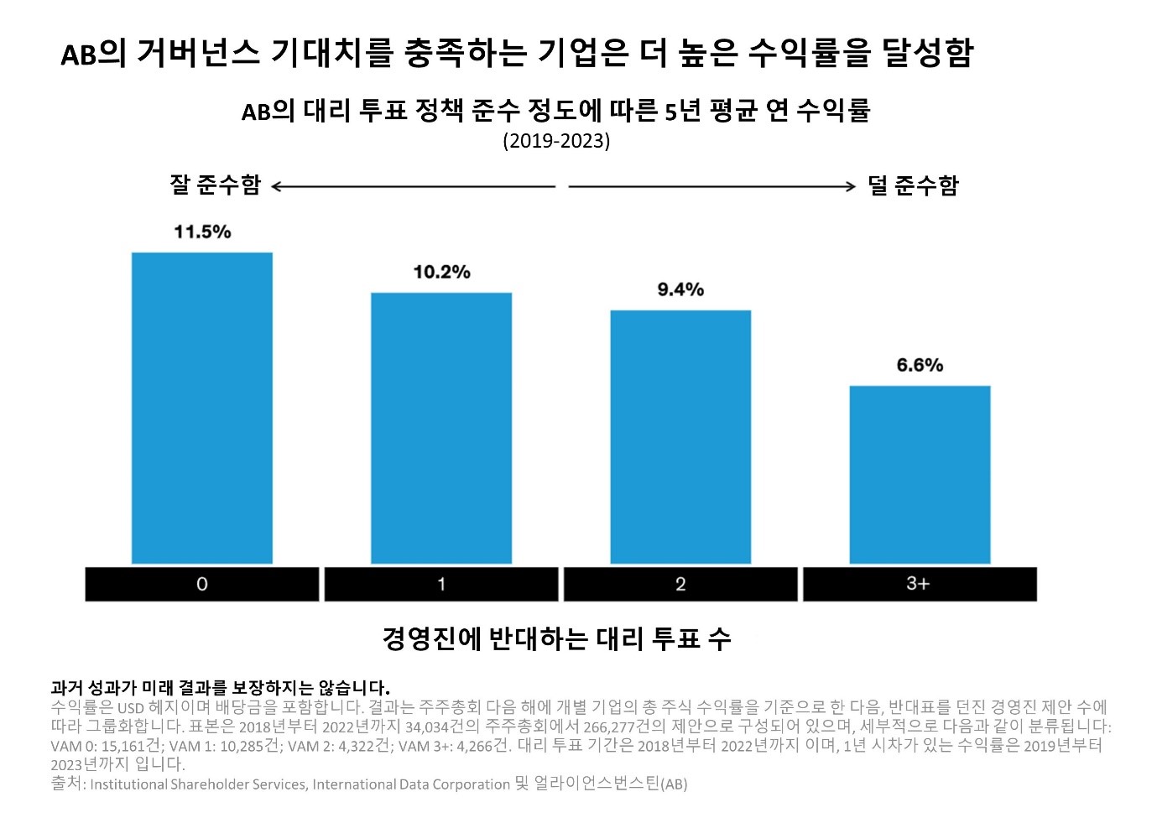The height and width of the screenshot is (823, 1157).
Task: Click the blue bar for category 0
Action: pos(201,408)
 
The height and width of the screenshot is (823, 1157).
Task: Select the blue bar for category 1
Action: pos(441,428)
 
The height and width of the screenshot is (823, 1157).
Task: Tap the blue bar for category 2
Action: pos(680,436)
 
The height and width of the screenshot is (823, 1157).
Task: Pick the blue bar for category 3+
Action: pos(920,474)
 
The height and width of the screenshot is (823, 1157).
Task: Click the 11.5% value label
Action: pos(202,232)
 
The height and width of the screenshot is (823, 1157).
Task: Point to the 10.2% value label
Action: pos(441,272)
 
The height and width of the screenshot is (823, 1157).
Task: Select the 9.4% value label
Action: pos(680,289)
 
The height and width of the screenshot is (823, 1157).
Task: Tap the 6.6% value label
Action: pos(920,365)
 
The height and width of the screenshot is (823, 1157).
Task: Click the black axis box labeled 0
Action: pos(201,584)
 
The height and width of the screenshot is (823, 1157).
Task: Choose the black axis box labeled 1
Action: pos(441,584)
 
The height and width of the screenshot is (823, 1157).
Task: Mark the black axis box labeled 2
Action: pos(680,584)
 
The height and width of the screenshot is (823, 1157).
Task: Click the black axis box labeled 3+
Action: pos(920,584)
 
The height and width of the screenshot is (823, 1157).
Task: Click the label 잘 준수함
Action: pos(215,185)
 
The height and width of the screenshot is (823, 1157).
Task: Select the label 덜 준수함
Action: pos(913,185)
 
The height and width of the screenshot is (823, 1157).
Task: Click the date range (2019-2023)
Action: pos(556,140)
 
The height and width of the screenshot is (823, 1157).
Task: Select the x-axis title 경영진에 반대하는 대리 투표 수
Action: pos(556,638)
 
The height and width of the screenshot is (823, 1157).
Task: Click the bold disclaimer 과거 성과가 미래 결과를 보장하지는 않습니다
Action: pos(220,688)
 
